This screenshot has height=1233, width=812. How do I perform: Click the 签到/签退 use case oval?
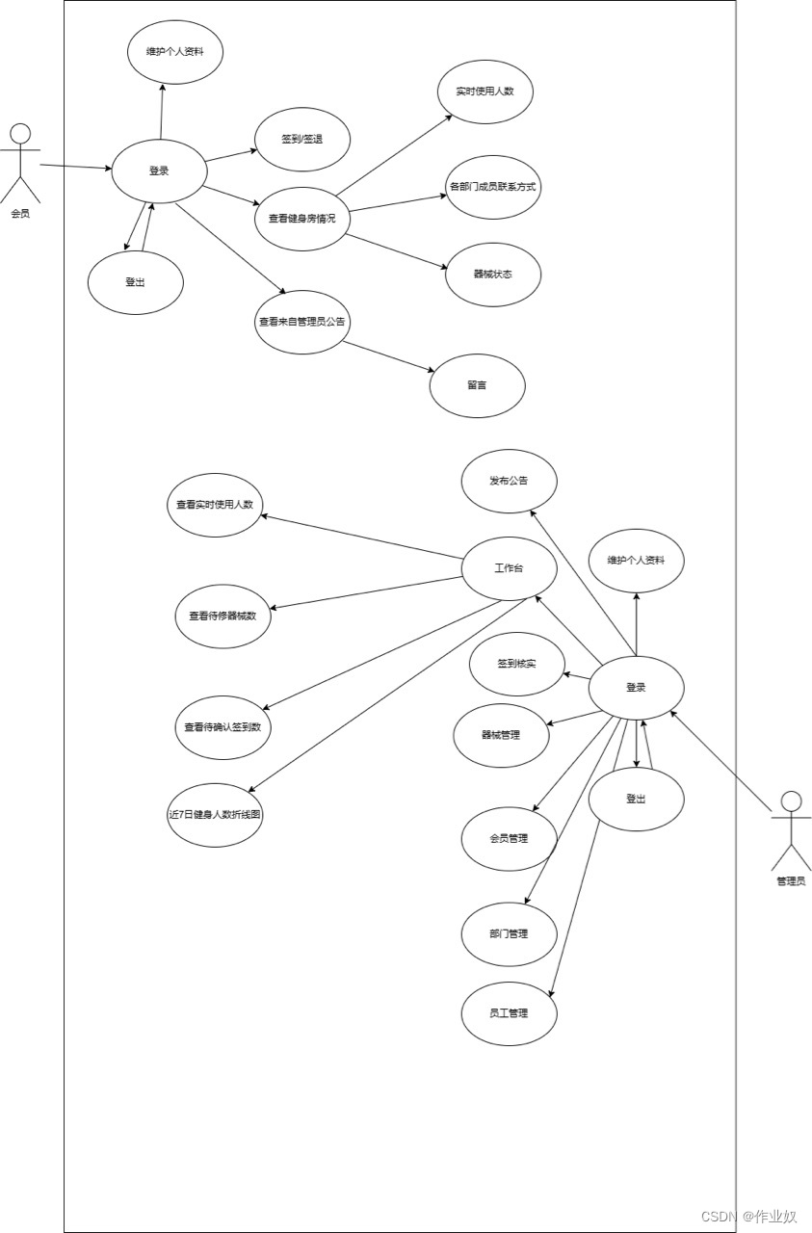[x=301, y=140]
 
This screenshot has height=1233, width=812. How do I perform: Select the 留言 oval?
[x=477, y=385]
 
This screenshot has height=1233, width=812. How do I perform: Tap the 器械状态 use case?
[x=492, y=275]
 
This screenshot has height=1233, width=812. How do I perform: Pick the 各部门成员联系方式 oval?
[x=492, y=187]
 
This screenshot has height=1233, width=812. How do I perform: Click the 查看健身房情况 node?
[x=301, y=219]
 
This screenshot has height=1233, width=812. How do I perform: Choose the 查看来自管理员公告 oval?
[x=301, y=322]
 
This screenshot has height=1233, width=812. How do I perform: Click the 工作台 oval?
[x=509, y=568]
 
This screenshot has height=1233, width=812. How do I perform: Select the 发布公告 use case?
[x=509, y=481]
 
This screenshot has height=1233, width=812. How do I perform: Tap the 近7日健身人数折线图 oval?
[x=215, y=814]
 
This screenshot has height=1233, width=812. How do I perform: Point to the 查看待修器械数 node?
[x=223, y=616]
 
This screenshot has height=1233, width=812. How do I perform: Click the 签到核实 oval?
[x=516, y=664]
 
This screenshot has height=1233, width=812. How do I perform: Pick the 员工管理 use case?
[x=509, y=1013]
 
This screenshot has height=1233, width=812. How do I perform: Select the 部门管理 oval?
[x=509, y=933]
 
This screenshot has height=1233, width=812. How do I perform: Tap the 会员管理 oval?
[x=509, y=838]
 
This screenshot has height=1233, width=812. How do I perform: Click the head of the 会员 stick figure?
[x=20, y=133]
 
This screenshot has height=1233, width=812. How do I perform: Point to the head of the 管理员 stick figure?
[x=791, y=801]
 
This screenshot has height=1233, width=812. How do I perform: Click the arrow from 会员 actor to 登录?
[x=75, y=167]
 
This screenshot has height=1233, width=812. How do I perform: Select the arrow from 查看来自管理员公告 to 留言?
[x=387, y=356]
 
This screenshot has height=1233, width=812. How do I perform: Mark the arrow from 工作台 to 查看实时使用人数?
[x=363, y=536]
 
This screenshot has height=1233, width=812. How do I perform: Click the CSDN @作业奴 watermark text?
[x=748, y=1217]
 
